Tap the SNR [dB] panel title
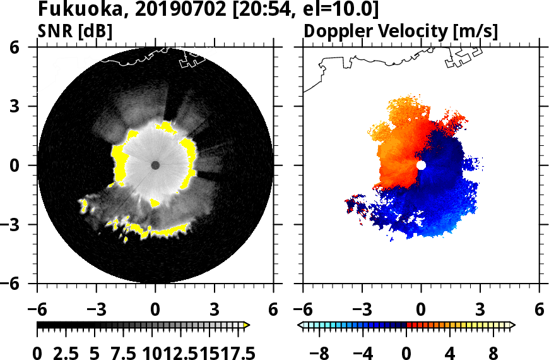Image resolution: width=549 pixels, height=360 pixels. click(x=74, y=31)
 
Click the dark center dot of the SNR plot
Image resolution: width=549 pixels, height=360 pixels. click(x=155, y=165)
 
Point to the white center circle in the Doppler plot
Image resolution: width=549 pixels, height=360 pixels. click(x=421, y=165)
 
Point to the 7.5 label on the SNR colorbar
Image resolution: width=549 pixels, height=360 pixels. click(x=124, y=352)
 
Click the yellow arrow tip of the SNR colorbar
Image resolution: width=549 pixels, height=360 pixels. click(x=247, y=325)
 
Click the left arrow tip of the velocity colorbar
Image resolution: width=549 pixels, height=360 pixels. click(x=300, y=325)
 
